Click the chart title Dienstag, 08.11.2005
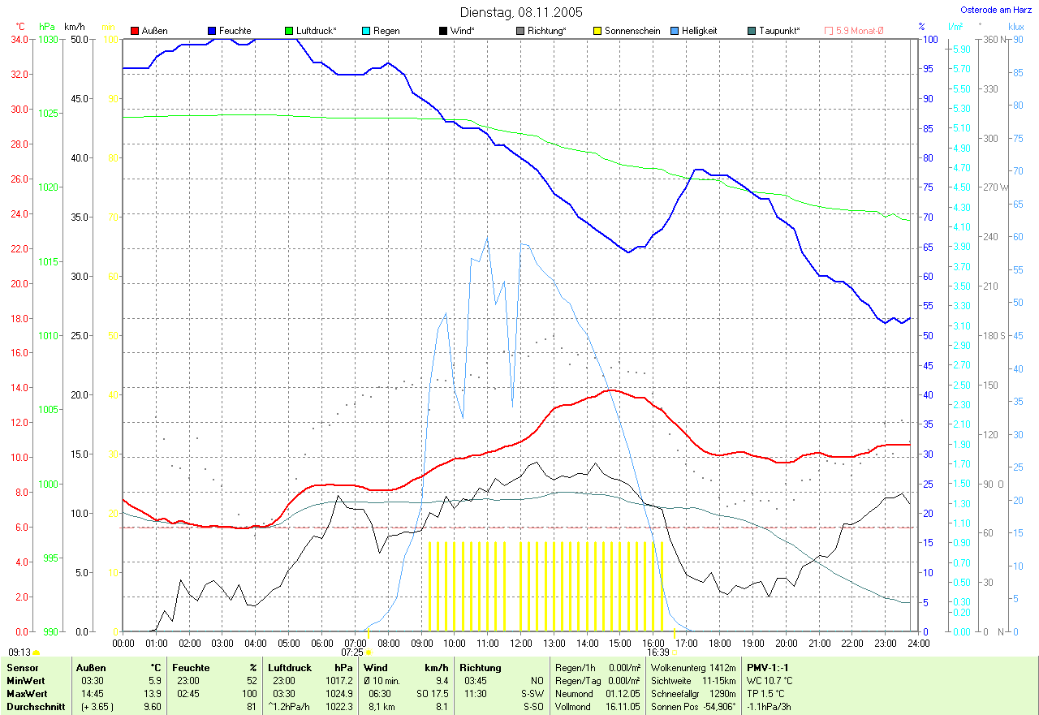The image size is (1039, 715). pyautogui.click(x=520, y=12)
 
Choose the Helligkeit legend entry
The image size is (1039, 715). pyautogui.click(x=699, y=31)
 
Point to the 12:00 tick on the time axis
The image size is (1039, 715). pyautogui.click(x=520, y=643)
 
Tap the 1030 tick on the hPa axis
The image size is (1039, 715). pyautogui.click(x=50, y=39)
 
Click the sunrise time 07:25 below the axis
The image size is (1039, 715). pyautogui.click(x=351, y=652)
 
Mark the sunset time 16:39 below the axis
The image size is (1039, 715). pyautogui.click(x=657, y=652)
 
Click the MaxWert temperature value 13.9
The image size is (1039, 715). pyautogui.click(x=153, y=694)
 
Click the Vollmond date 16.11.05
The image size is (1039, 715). pyautogui.click(x=623, y=707)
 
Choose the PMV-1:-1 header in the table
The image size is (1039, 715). pyautogui.click(x=767, y=668)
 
